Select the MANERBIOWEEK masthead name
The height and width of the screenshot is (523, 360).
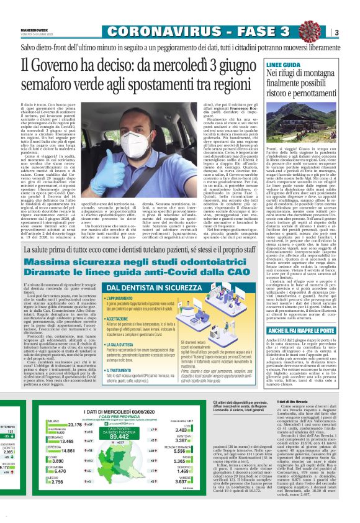tap(30, 28)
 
